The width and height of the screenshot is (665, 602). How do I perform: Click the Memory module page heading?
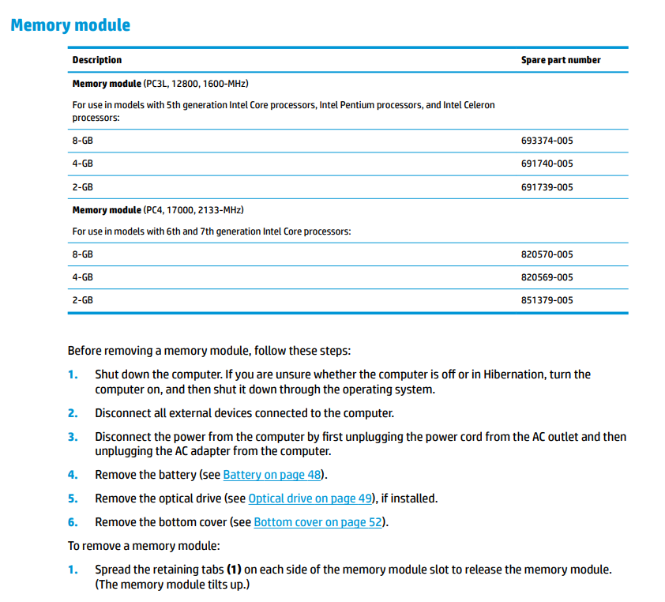tap(70, 25)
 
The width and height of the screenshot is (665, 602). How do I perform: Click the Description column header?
tap(96, 60)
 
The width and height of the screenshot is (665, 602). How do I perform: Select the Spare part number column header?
tap(560, 60)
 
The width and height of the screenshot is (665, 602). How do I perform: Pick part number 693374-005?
tap(547, 141)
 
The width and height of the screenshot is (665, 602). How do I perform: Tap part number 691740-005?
tap(547, 164)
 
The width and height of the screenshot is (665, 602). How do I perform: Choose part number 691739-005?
tap(547, 187)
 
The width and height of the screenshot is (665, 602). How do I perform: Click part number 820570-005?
tap(547, 254)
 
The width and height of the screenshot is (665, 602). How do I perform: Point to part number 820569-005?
tap(547, 277)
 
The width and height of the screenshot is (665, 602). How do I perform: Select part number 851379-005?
tap(547, 300)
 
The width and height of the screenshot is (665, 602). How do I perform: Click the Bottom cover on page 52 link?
tap(318, 522)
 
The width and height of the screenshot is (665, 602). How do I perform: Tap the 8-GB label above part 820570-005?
tap(82, 254)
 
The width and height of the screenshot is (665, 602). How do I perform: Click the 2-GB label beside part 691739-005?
tap(82, 187)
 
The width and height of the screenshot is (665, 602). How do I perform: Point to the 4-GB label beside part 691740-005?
tap(82, 164)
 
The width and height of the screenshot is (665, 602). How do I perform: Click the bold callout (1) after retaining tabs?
tap(234, 570)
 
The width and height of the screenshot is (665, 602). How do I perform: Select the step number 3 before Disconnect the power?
tap(73, 437)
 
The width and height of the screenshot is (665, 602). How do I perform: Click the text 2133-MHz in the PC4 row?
tap(223, 210)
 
